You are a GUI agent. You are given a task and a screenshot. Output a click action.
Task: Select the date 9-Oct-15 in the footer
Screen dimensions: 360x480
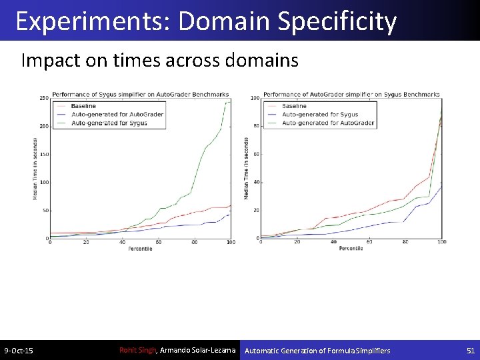pos(19,350)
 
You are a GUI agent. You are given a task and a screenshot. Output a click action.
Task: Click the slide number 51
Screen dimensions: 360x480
pos(471,350)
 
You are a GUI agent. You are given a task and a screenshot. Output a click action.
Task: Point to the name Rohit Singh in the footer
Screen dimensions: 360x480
pos(137,350)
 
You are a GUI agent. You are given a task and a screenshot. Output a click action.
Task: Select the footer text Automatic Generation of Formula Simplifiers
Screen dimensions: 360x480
pos(317,350)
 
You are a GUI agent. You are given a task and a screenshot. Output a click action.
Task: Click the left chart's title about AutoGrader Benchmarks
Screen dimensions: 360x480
pos(141,94)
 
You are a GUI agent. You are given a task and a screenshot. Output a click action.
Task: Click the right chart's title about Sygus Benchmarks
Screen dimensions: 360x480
pos(352,94)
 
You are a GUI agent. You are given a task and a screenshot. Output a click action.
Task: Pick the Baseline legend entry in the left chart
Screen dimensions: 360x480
pos(83,106)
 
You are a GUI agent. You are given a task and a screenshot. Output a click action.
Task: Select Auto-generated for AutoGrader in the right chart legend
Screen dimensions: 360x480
pos(328,123)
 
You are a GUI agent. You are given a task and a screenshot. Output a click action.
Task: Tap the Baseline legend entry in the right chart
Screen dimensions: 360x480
pos(294,106)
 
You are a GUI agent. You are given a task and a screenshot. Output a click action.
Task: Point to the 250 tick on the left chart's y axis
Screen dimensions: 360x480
pos(44,98)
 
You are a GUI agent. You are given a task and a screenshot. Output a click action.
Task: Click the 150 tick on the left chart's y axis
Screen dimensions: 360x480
pos(44,155)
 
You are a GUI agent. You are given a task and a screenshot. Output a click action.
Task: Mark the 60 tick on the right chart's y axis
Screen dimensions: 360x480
pos(255,155)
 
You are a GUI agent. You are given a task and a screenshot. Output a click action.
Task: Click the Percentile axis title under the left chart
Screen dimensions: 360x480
pos(141,249)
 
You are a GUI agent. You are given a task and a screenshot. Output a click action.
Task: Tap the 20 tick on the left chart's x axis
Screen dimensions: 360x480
pos(86,243)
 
